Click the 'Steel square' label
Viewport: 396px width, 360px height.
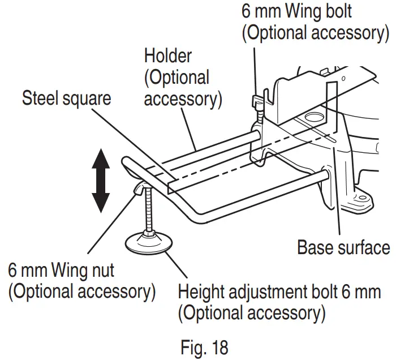[66, 98]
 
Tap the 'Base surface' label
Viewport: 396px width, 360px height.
[343, 247]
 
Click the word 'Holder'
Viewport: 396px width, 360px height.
[168, 56]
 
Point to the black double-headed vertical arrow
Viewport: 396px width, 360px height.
[100, 180]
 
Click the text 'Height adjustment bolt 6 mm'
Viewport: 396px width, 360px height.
[279, 293]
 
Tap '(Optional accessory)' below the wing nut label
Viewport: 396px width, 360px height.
[81, 292]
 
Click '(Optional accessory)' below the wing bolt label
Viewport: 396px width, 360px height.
[314, 32]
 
